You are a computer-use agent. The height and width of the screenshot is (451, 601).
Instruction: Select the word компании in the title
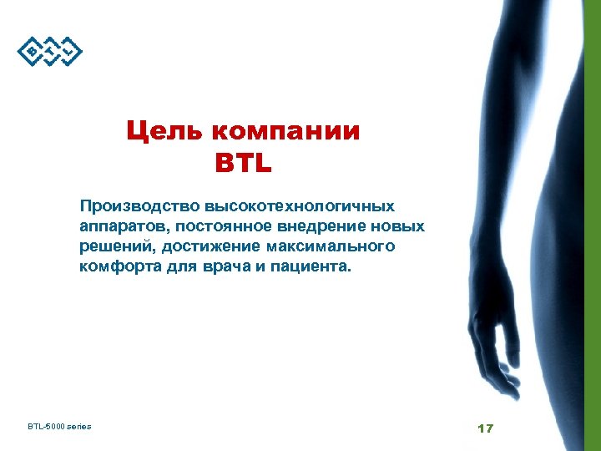point(285,132)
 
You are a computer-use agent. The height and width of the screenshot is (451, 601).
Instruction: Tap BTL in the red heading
point(243,163)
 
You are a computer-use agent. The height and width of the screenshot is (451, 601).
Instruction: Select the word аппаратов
point(123,226)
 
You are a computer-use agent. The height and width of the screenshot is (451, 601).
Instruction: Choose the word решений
point(117,247)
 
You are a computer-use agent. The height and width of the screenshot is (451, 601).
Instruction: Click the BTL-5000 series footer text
point(59,427)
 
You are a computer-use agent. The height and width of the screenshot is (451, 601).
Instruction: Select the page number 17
point(485,428)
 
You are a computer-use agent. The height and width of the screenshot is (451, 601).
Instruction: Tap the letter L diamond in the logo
point(71,53)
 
